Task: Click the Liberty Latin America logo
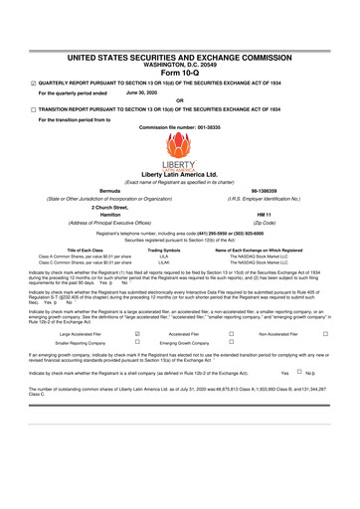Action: (x=179, y=162)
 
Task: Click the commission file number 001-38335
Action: (x=180, y=129)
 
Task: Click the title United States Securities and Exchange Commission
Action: (x=180, y=33)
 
